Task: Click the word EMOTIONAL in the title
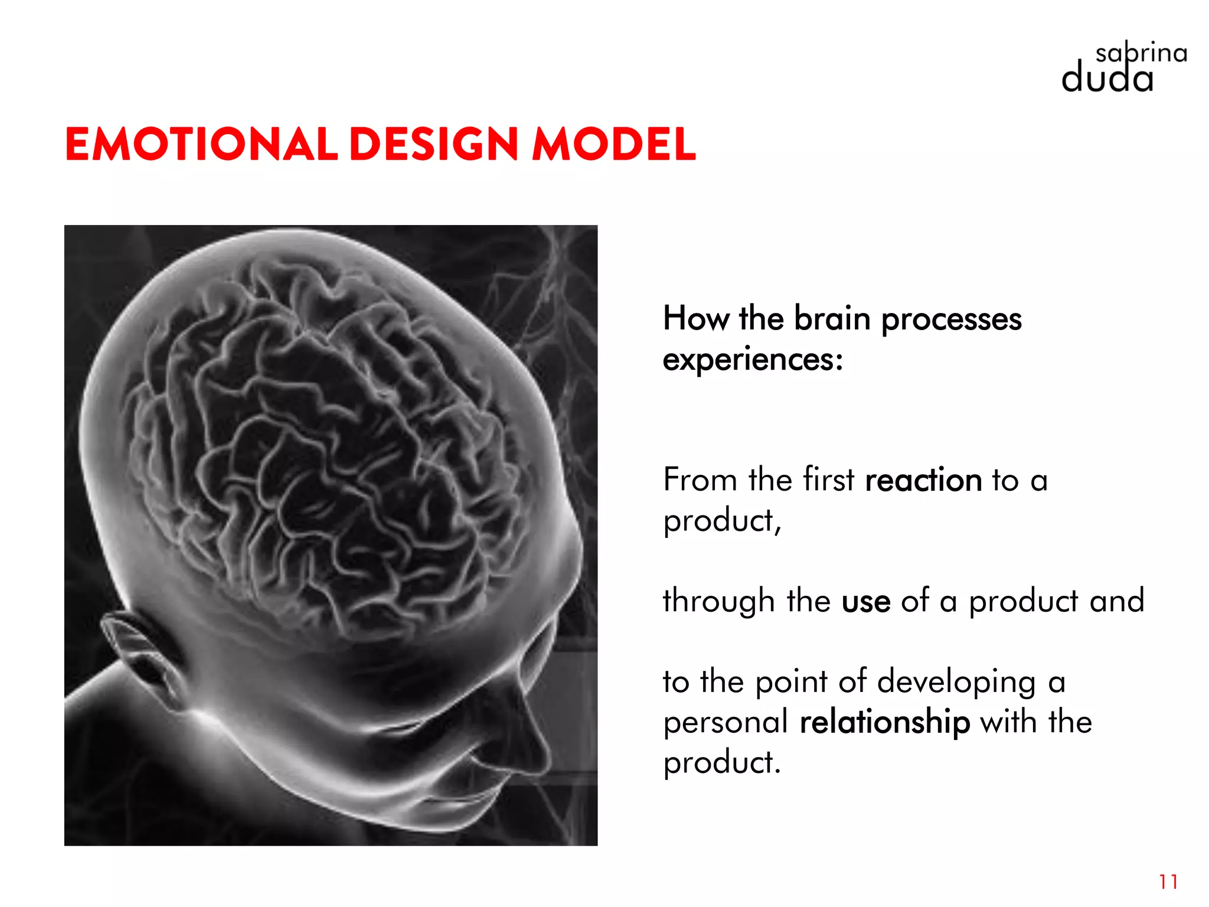pyautogui.click(x=201, y=144)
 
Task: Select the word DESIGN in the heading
pyautogui.click(x=434, y=144)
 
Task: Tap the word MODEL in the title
pyautogui.click(x=614, y=144)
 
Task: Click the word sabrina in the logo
pyautogui.click(x=1141, y=54)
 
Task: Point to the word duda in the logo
pyautogui.click(x=1107, y=79)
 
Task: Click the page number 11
pyautogui.click(x=1168, y=882)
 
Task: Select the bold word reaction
pyautogui.click(x=923, y=479)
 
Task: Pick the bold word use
pyautogui.click(x=865, y=601)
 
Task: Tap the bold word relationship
pyautogui.click(x=884, y=722)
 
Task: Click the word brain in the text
pyautogui.click(x=832, y=319)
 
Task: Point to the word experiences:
pyautogui.click(x=753, y=359)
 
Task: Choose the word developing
pyautogui.click(x=956, y=683)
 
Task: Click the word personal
pyautogui.click(x=726, y=722)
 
